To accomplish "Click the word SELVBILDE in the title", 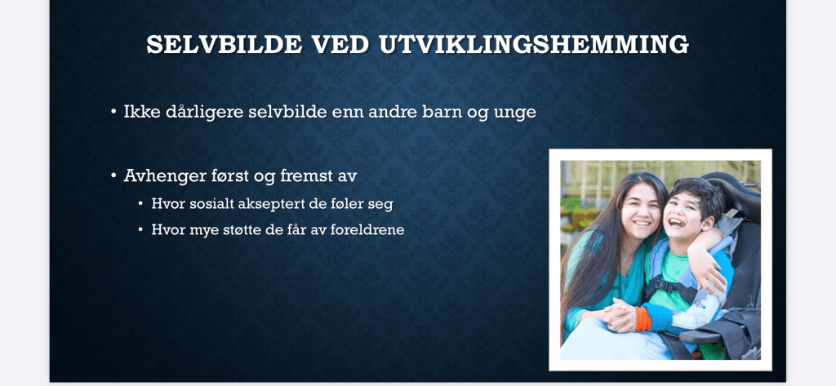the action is (224, 44).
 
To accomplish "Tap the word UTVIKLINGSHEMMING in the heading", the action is (534, 44).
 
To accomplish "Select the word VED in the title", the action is (340, 44).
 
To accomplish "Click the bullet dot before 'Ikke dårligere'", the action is (113, 113).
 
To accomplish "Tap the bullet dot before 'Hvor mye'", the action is (140, 230).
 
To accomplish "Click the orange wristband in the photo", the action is (643, 317).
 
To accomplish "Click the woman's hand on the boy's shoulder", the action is (709, 270).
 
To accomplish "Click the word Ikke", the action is (138, 113).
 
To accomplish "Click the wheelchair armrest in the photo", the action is (703, 335).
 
